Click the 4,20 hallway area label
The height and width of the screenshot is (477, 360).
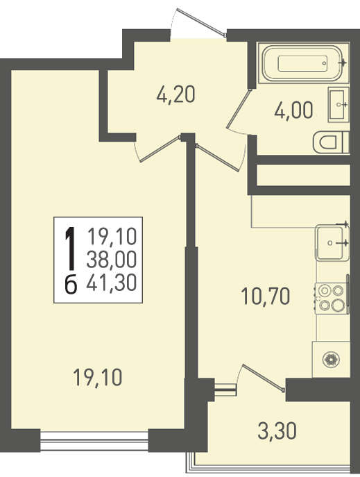click(175, 94)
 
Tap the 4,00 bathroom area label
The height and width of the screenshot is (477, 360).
click(293, 110)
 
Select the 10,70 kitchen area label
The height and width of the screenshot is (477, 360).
click(265, 296)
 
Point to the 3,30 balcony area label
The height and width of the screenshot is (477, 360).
click(277, 431)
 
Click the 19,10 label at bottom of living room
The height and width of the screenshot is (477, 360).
click(98, 377)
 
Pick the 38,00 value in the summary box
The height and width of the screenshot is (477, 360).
click(112, 260)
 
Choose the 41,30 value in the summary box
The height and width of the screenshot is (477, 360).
click(112, 282)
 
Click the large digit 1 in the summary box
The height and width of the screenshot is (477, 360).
click(71, 249)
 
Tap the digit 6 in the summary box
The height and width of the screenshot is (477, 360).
click(71, 285)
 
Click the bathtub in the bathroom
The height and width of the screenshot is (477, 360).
click(303, 62)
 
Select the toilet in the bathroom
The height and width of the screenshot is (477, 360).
click(331, 142)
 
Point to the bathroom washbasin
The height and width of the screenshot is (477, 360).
click(338, 104)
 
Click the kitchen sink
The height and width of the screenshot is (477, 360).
click(332, 242)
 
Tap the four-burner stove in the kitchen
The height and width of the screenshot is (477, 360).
click(332, 298)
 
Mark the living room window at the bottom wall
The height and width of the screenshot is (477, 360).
click(94, 440)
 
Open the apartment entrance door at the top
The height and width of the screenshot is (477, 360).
click(201, 22)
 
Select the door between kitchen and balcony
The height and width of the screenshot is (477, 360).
click(264, 376)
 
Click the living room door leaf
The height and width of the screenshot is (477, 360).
click(160, 149)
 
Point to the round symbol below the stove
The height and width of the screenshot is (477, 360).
click(331, 359)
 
